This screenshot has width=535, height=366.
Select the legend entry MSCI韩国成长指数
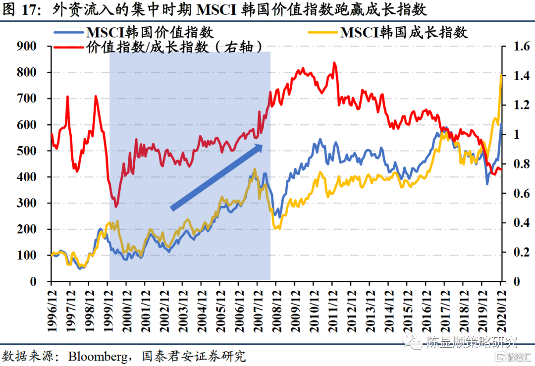(404, 33)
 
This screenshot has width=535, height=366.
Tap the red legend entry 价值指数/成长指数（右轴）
(174, 47)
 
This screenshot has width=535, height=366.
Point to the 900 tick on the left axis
(27, 46)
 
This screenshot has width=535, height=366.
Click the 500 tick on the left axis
(27, 151)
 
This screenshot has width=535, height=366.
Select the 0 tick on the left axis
(33, 282)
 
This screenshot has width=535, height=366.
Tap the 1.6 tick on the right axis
(516, 46)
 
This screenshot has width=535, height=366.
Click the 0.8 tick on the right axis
(516, 164)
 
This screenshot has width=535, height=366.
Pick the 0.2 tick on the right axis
(516, 253)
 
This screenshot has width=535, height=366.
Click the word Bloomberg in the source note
(97, 355)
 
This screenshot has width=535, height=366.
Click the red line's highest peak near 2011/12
(334, 63)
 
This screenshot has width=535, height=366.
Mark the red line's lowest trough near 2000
(116, 207)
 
